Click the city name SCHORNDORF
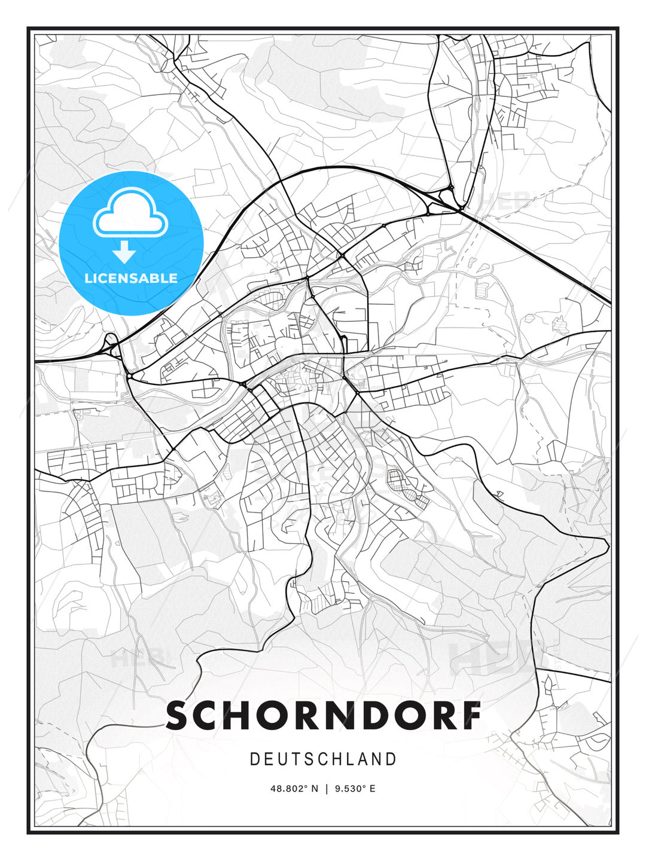coord(323,716)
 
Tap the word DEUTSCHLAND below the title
coord(323,759)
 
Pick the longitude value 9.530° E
coord(355,789)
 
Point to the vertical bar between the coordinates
coord(327,789)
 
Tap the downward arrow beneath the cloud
coord(124,252)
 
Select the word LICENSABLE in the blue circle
coord(131,278)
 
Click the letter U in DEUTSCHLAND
coord(284,759)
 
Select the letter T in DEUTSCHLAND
coord(298,759)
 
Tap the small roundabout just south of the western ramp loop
coord(128,375)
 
